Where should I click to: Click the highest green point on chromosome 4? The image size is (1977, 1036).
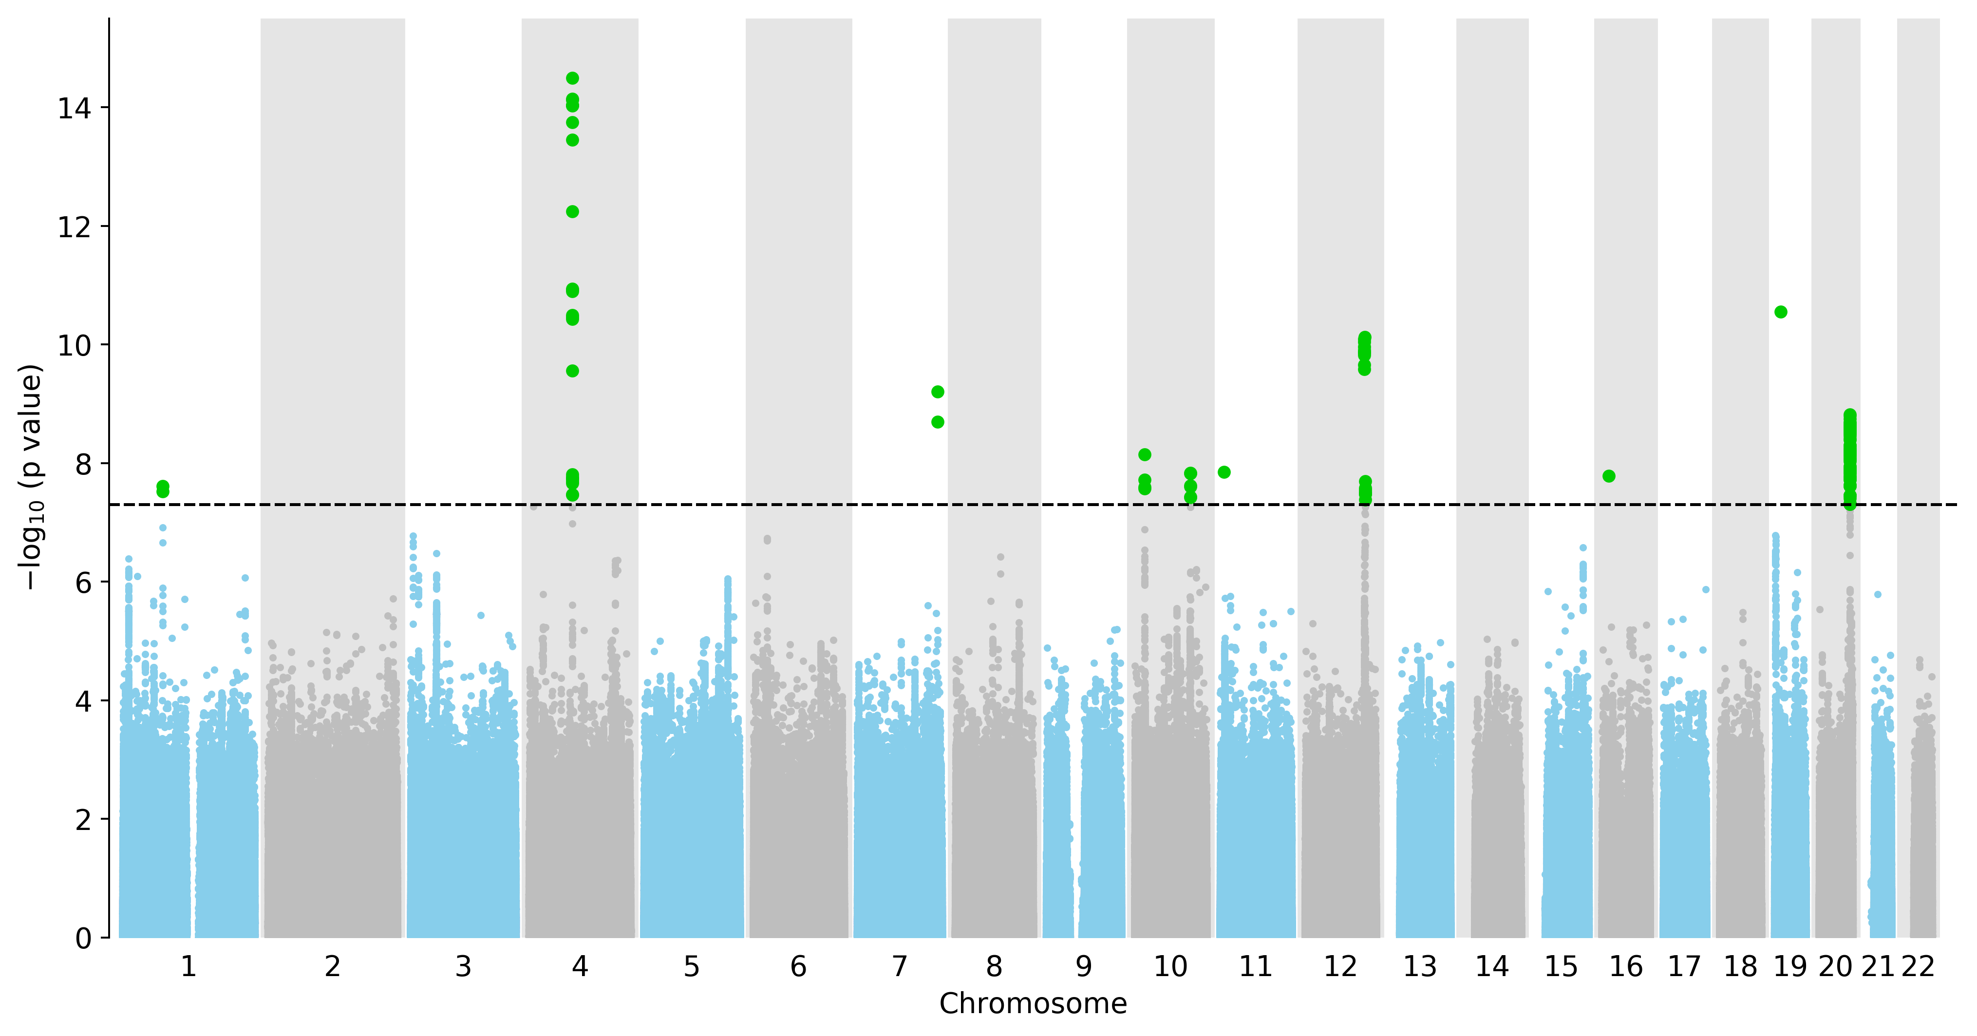[572, 78]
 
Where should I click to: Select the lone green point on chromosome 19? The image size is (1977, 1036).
[1781, 312]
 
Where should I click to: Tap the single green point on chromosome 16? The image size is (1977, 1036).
[1609, 476]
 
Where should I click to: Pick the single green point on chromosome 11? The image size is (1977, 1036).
[1224, 472]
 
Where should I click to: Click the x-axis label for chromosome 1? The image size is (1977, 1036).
[188, 967]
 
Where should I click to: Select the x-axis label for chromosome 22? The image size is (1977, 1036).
[1918, 967]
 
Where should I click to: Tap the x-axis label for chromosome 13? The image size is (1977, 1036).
[1420, 967]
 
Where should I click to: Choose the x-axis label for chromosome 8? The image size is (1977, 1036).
[994, 967]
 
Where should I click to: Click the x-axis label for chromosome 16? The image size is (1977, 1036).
[1625, 967]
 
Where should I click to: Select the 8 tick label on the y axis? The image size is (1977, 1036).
[83, 464]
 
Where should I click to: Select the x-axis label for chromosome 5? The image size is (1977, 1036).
[692, 967]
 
